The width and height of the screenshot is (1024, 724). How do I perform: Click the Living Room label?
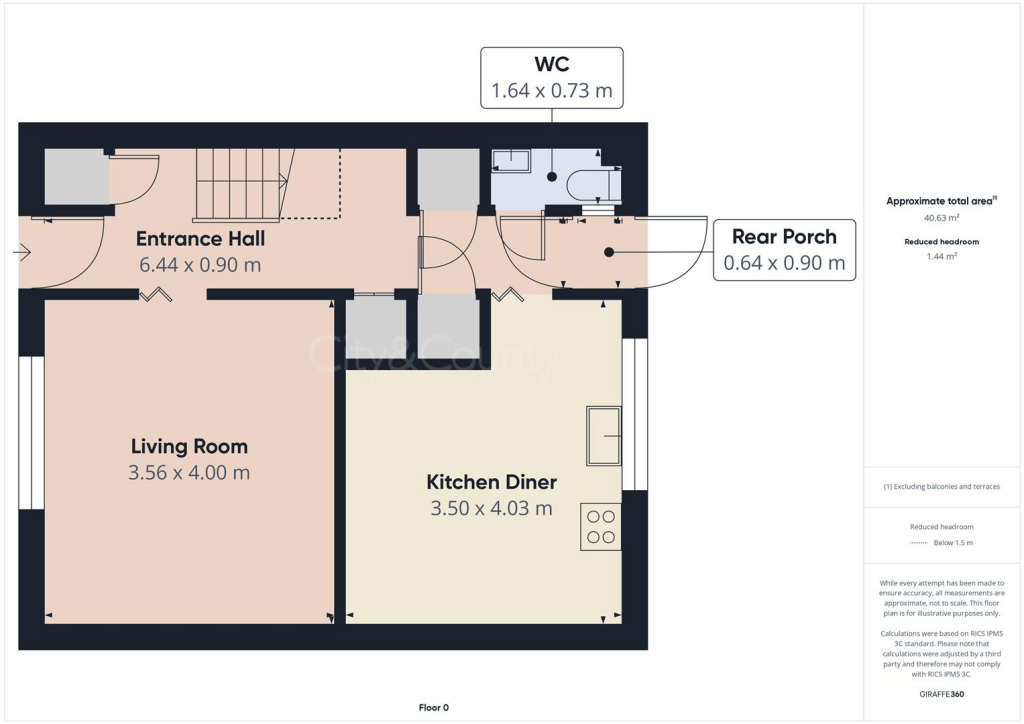189,446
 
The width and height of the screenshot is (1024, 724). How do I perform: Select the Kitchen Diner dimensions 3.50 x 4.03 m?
491,508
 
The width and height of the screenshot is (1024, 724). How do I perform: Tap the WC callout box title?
551,65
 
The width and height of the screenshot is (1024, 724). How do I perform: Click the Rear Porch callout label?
784,236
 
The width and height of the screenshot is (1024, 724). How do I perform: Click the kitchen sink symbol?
603,435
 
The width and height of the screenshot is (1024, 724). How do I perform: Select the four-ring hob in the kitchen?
600,526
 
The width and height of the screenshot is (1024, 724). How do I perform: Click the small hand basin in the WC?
511,160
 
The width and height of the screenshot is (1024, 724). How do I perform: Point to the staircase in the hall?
242,184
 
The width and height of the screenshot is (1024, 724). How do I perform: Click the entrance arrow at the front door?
21,254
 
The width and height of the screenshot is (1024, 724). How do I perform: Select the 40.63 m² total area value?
939,217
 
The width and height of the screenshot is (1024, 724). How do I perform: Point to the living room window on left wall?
32,432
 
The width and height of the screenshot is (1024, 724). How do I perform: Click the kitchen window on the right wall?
634,414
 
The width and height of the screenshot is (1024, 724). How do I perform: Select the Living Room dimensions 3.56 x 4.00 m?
189,472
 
